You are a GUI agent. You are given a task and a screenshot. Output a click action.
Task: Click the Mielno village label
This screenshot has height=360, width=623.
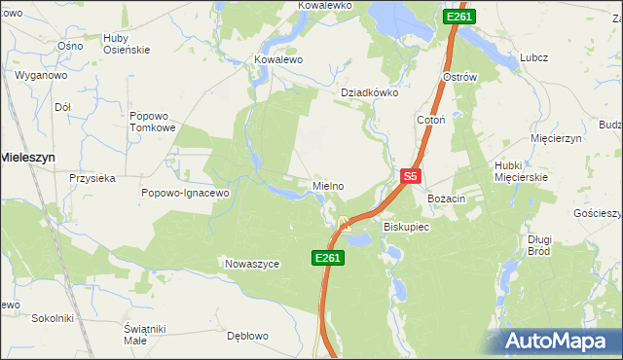[328, 186]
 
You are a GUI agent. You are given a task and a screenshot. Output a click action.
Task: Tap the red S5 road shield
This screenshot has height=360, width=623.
[411, 177]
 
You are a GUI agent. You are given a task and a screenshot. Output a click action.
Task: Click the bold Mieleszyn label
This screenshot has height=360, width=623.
[26, 156]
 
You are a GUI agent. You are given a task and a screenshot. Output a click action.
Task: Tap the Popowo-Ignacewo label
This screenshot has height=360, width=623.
[184, 193]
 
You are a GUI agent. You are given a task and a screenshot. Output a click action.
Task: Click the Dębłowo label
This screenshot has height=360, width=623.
[247, 336]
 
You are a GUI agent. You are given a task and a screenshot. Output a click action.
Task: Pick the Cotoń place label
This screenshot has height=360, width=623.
[430, 119]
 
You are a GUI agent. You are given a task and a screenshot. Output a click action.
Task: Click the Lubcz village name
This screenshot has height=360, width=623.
[533, 57]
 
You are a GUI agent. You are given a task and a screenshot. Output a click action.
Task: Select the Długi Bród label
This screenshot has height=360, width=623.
[538, 245]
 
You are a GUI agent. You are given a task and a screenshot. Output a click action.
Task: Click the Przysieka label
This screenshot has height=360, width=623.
[92, 178]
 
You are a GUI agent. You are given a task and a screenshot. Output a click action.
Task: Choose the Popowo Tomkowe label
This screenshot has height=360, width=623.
[152, 122]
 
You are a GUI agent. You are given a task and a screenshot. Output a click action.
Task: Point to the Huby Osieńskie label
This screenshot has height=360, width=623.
[126, 45]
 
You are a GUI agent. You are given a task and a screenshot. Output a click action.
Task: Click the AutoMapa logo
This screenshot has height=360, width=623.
[559, 341]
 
